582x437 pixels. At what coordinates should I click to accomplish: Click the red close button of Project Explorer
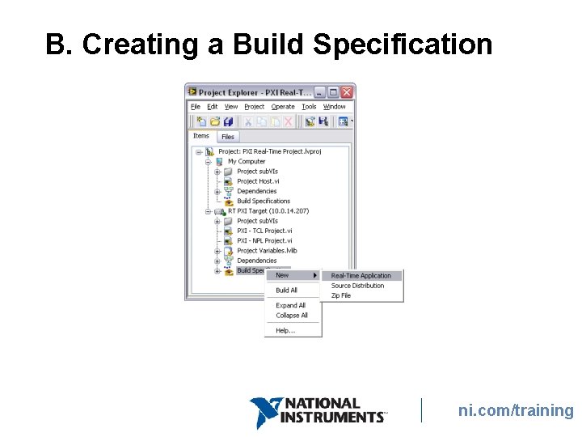pos(347,92)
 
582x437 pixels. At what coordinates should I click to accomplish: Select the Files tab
pos(228,137)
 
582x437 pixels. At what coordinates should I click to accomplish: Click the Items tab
pos(201,136)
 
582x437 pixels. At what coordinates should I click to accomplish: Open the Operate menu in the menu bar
pos(283,107)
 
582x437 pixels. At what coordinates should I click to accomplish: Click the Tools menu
pos(309,107)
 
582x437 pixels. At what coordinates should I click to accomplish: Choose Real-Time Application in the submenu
pos(361,276)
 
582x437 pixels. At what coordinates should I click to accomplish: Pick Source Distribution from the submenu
pos(357,286)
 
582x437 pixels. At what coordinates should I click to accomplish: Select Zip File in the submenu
pos(341,295)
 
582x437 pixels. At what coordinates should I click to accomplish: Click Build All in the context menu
pos(286,290)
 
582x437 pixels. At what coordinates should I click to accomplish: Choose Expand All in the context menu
pos(290,305)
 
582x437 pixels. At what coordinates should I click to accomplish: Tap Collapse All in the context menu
pos(291,316)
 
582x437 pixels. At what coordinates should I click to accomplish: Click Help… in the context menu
pos(285,330)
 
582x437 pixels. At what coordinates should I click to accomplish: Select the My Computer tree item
pos(246,161)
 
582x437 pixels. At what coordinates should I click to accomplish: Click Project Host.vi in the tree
pos(257,181)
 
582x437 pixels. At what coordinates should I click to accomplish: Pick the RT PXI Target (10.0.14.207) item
pos(268,211)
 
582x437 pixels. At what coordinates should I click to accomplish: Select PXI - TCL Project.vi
pos(264,231)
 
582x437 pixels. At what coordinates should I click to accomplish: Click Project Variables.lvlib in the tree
pos(267,251)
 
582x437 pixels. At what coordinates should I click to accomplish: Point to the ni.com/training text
pos(516,410)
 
